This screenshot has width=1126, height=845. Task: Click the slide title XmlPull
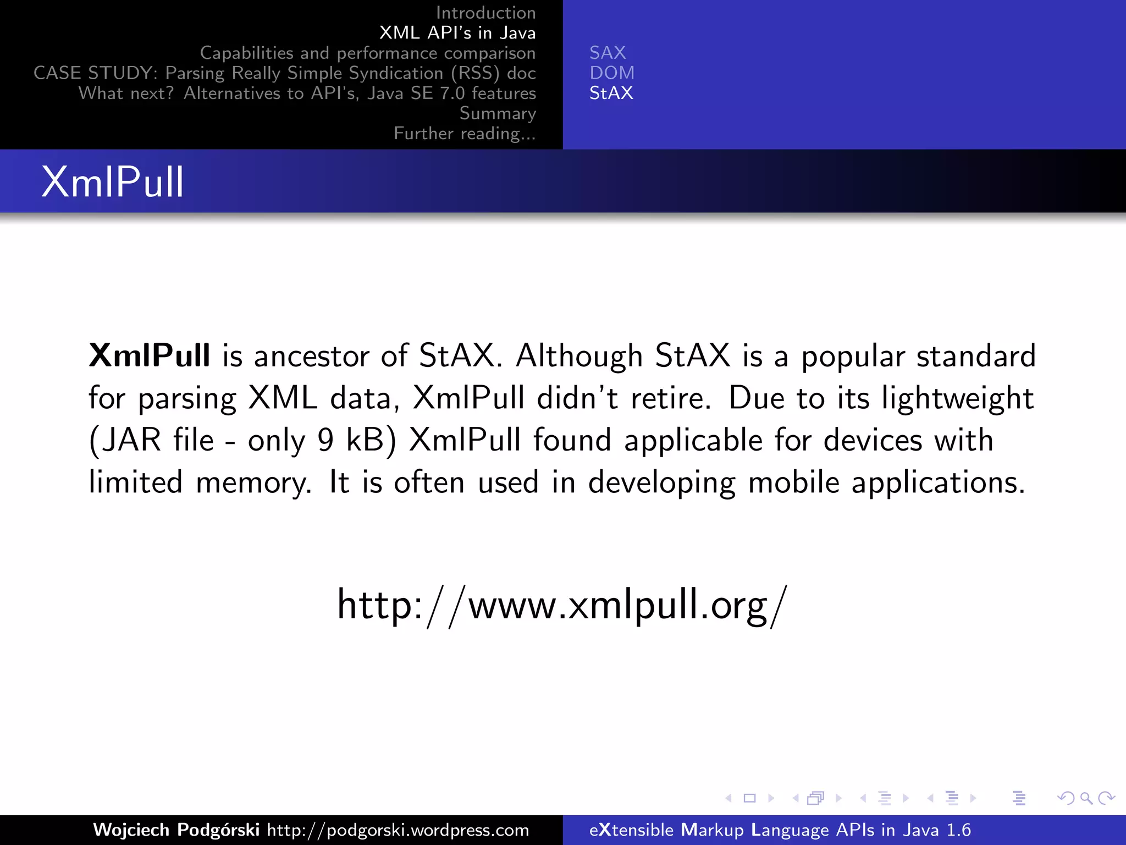point(113,182)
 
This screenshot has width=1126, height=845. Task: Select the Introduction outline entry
point(485,13)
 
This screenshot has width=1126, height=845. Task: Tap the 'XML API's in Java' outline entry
point(457,33)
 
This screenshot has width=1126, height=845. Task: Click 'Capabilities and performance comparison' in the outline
point(367,53)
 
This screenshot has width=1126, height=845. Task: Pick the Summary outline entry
point(497,113)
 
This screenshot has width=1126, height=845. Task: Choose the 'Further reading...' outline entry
point(465,134)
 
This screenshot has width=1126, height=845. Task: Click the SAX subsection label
point(608,53)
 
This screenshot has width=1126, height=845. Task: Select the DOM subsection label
point(612,73)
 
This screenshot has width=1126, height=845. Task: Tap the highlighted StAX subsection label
point(611,93)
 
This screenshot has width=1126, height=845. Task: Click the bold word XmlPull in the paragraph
point(150,355)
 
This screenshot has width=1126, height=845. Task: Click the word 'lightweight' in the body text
point(957,398)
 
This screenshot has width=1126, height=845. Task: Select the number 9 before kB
point(325,440)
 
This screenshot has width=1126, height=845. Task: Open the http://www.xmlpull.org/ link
point(562,605)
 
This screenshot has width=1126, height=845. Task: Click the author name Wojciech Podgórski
point(176,830)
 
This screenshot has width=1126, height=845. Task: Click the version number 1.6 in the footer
point(958,830)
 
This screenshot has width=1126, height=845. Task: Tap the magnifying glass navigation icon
point(1086,798)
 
